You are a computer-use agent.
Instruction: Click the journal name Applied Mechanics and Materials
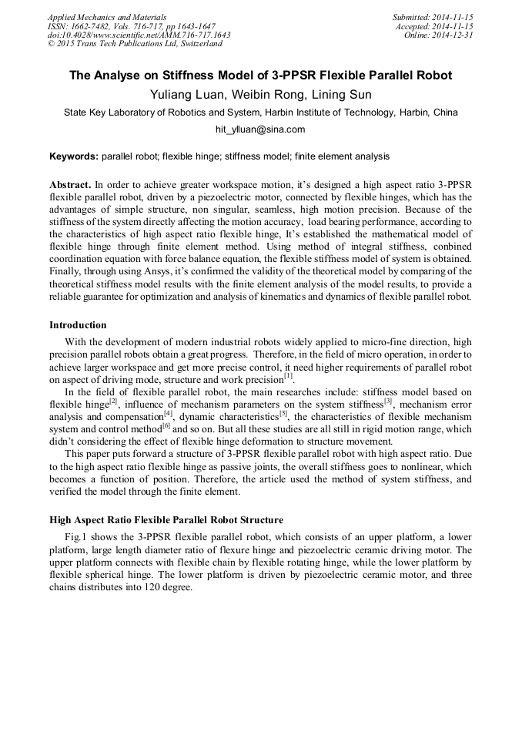107,17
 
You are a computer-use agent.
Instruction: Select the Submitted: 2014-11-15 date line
433,17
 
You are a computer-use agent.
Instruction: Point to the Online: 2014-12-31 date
439,35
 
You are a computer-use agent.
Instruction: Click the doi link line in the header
139,35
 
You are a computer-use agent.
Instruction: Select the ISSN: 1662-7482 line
131,26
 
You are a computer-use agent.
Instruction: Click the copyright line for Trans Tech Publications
135,45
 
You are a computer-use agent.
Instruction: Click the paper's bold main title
260,76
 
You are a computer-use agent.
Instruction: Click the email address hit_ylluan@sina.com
260,129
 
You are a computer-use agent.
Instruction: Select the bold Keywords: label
74,156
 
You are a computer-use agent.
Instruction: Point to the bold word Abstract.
70,186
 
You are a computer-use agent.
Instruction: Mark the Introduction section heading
78,325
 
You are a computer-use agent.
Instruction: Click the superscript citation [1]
288,376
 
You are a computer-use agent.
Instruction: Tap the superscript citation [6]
166,425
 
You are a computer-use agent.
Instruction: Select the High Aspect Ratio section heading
166,520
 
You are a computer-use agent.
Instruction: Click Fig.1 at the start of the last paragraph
76,536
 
